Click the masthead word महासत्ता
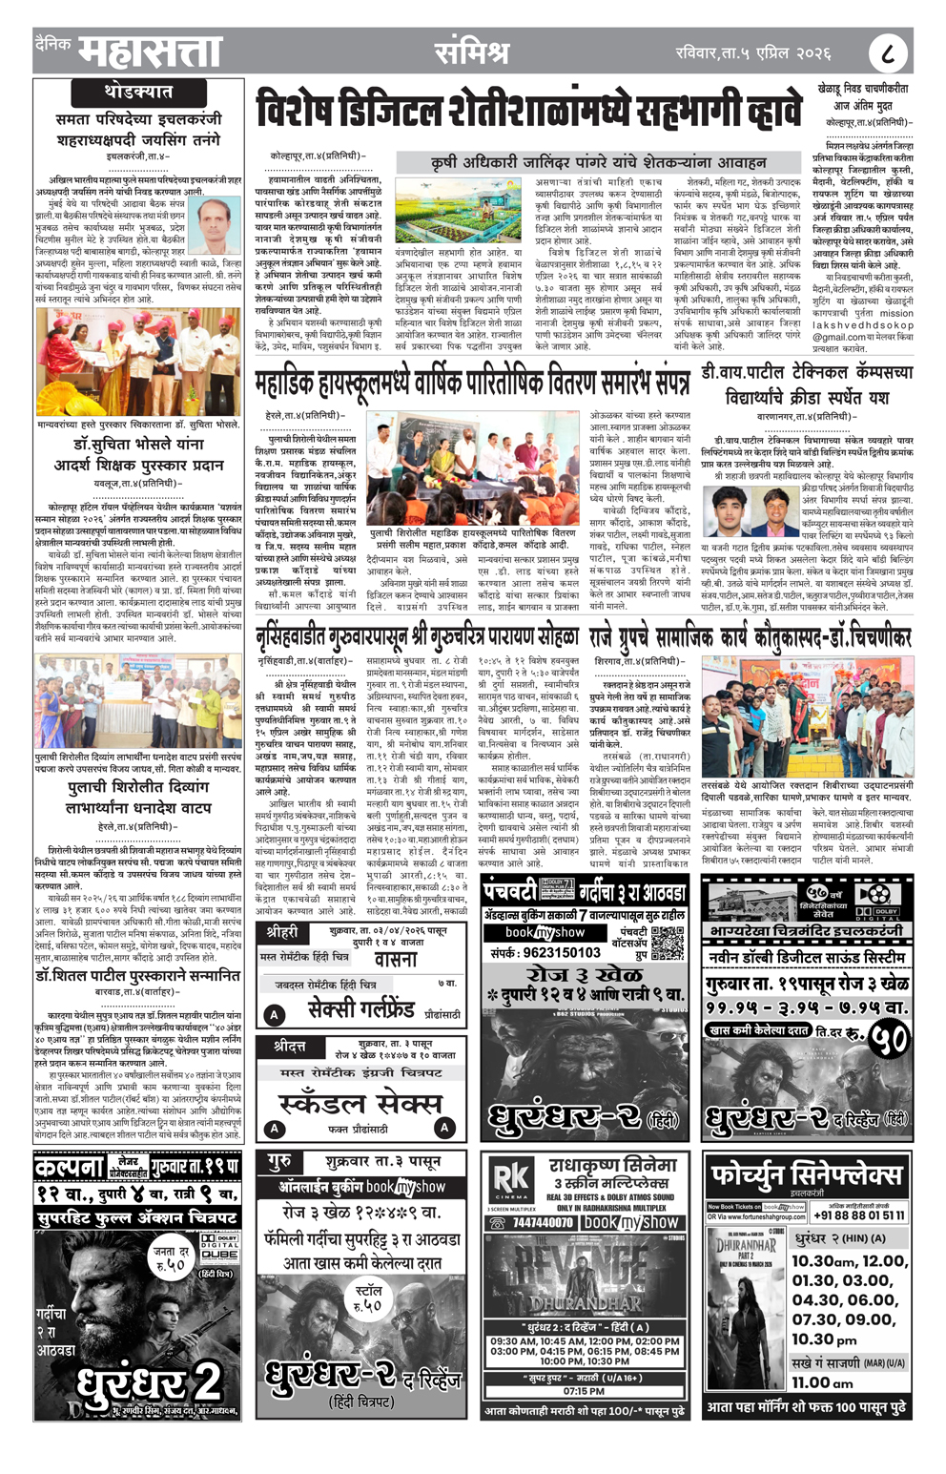click(x=150, y=52)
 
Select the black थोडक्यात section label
click(x=137, y=93)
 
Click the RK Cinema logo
click(x=510, y=1179)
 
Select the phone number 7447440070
click(x=543, y=1222)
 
